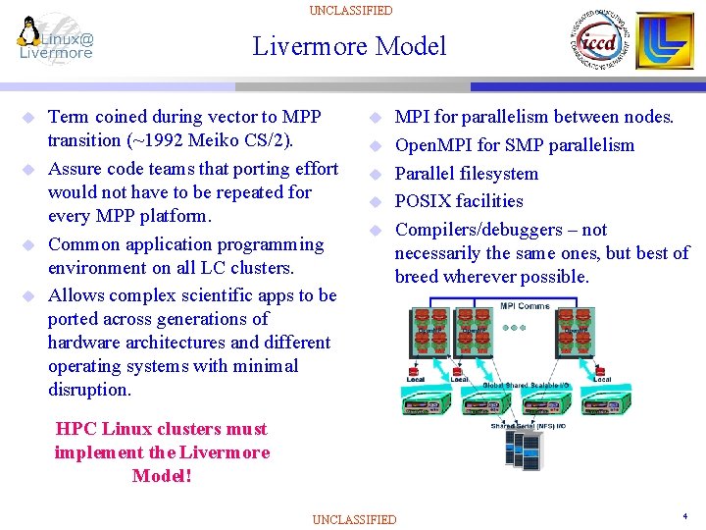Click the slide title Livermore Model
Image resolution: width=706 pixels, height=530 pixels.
[x=349, y=46]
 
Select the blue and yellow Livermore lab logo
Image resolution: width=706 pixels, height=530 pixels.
[x=667, y=41]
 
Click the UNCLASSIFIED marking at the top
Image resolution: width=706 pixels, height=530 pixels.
[x=350, y=11]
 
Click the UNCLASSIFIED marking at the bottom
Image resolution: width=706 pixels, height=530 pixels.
[x=354, y=519]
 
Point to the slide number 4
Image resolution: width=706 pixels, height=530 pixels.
[x=683, y=515]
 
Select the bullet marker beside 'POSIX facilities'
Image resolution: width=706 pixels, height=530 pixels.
[x=374, y=202]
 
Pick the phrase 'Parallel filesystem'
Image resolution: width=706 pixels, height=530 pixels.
[x=466, y=174]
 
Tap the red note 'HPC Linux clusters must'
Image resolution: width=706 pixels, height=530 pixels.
[x=162, y=429]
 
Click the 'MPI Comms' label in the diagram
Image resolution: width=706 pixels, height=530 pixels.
[x=525, y=306]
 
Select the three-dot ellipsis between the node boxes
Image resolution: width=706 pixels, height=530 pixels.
[x=515, y=329]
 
